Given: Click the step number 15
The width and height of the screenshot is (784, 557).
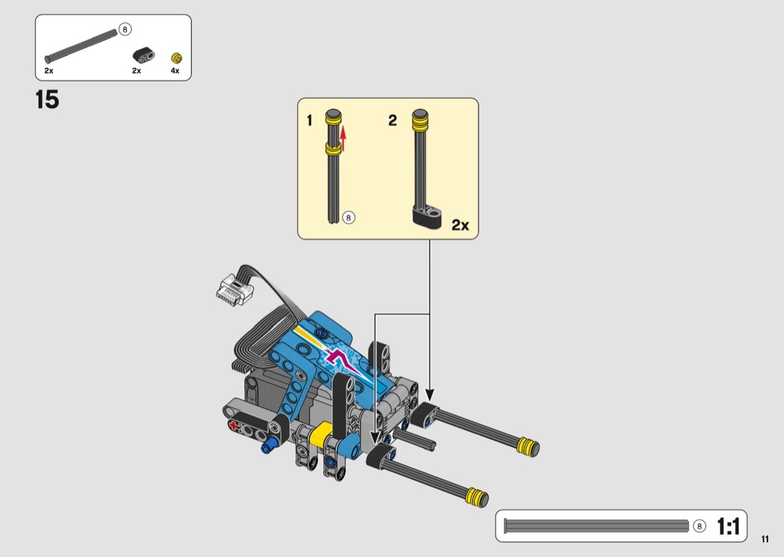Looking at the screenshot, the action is [x=47, y=99].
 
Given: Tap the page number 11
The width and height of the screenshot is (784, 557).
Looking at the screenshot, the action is [x=765, y=539].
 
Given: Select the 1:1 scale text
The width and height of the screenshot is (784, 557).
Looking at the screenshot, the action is [x=728, y=526].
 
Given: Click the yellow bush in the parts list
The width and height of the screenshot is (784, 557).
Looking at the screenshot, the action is [x=176, y=57].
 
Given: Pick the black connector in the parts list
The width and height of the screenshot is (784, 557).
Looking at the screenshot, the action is [x=143, y=55].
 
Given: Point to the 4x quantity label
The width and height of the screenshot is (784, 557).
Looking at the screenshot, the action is [x=175, y=71].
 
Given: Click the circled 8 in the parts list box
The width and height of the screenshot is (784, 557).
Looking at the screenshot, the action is [x=125, y=30].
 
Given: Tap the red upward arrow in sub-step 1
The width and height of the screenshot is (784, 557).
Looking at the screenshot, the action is [x=343, y=139].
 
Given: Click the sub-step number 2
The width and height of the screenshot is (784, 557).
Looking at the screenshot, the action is [x=393, y=120].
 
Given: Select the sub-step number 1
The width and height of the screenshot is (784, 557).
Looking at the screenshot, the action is [x=310, y=120].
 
